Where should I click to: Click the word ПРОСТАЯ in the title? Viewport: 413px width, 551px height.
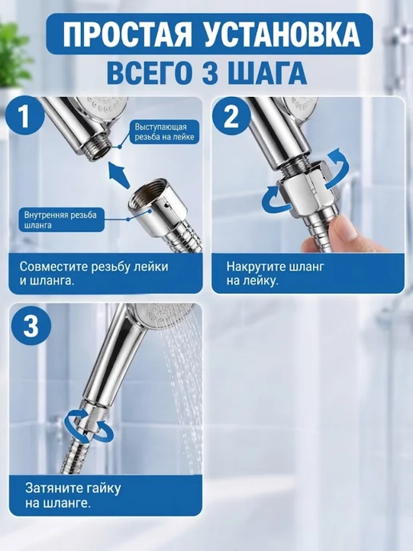(x=127, y=34)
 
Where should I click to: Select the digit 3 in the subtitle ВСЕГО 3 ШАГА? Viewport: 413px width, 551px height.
(x=211, y=73)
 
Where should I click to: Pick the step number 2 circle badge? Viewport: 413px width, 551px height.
(x=231, y=116)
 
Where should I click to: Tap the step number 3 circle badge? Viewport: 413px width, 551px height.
(x=31, y=326)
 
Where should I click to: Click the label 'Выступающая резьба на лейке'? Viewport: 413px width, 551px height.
(x=165, y=131)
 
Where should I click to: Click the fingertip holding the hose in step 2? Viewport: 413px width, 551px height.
(x=346, y=230)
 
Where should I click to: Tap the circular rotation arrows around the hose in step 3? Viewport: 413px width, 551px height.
(x=89, y=426)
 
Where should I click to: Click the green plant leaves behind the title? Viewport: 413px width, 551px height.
(x=12, y=56)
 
